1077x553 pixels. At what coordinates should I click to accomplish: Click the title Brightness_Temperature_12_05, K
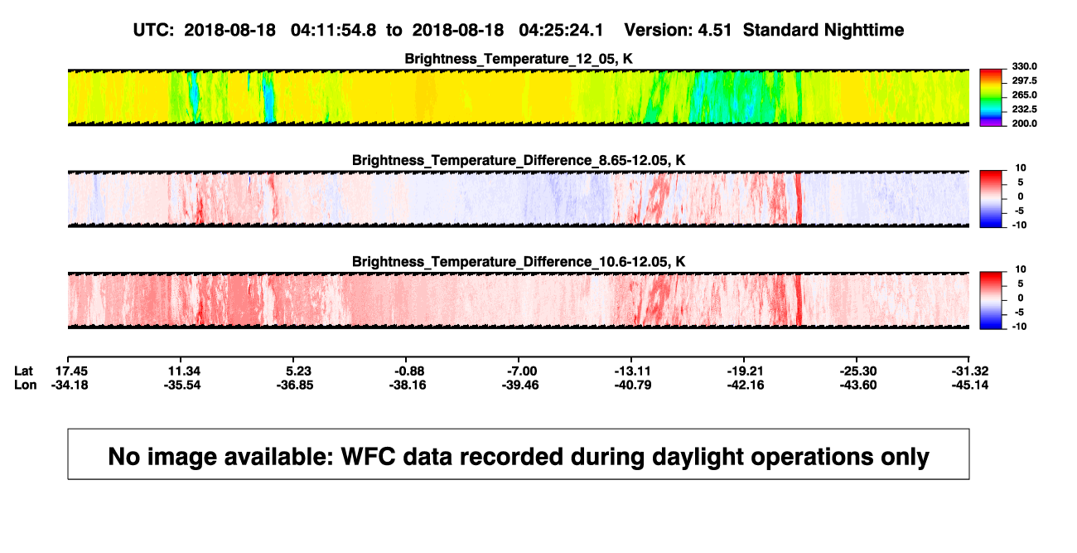(x=519, y=59)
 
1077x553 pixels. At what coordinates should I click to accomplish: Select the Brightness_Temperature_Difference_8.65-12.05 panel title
(x=519, y=160)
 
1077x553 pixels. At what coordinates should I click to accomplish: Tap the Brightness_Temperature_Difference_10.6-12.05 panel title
(x=519, y=262)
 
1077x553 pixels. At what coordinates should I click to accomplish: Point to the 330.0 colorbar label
(x=1024, y=66)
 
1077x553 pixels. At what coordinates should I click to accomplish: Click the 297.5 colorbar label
(x=1024, y=80)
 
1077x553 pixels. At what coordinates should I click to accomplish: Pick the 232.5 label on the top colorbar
(x=1024, y=109)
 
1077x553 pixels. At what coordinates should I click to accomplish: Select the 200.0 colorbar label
(x=1024, y=124)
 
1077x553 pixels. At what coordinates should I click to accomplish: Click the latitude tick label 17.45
(x=71, y=371)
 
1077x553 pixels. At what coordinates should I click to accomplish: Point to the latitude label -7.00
(x=522, y=371)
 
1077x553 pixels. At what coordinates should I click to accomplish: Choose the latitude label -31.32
(x=970, y=371)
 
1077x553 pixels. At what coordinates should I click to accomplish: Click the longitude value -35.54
(x=181, y=385)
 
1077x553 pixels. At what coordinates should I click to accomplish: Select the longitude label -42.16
(x=746, y=385)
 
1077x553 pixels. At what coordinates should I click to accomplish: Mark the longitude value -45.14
(x=970, y=385)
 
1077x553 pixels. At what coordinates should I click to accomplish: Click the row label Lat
(x=23, y=371)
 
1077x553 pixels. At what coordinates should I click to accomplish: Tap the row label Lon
(x=25, y=385)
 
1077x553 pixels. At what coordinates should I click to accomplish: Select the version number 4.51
(x=714, y=31)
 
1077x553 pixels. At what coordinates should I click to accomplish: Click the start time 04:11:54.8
(x=333, y=31)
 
